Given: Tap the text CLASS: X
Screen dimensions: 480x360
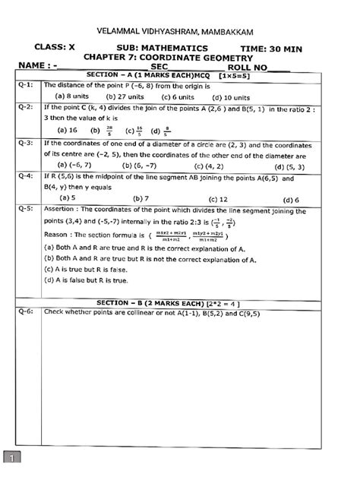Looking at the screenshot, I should pyautogui.click(x=58, y=48).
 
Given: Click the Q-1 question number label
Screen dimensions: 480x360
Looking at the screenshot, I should pyautogui.click(x=25, y=85).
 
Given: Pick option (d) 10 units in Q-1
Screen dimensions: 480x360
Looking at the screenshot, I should pyautogui.click(x=232, y=97).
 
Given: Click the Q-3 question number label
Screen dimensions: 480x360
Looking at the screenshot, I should pyautogui.click(x=25, y=143).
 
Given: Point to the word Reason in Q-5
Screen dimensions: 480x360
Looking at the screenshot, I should pyautogui.click(x=59, y=234).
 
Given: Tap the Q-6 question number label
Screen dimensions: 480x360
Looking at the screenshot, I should pyautogui.click(x=25, y=311).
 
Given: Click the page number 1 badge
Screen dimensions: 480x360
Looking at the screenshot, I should pyautogui.click(x=13, y=458).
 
